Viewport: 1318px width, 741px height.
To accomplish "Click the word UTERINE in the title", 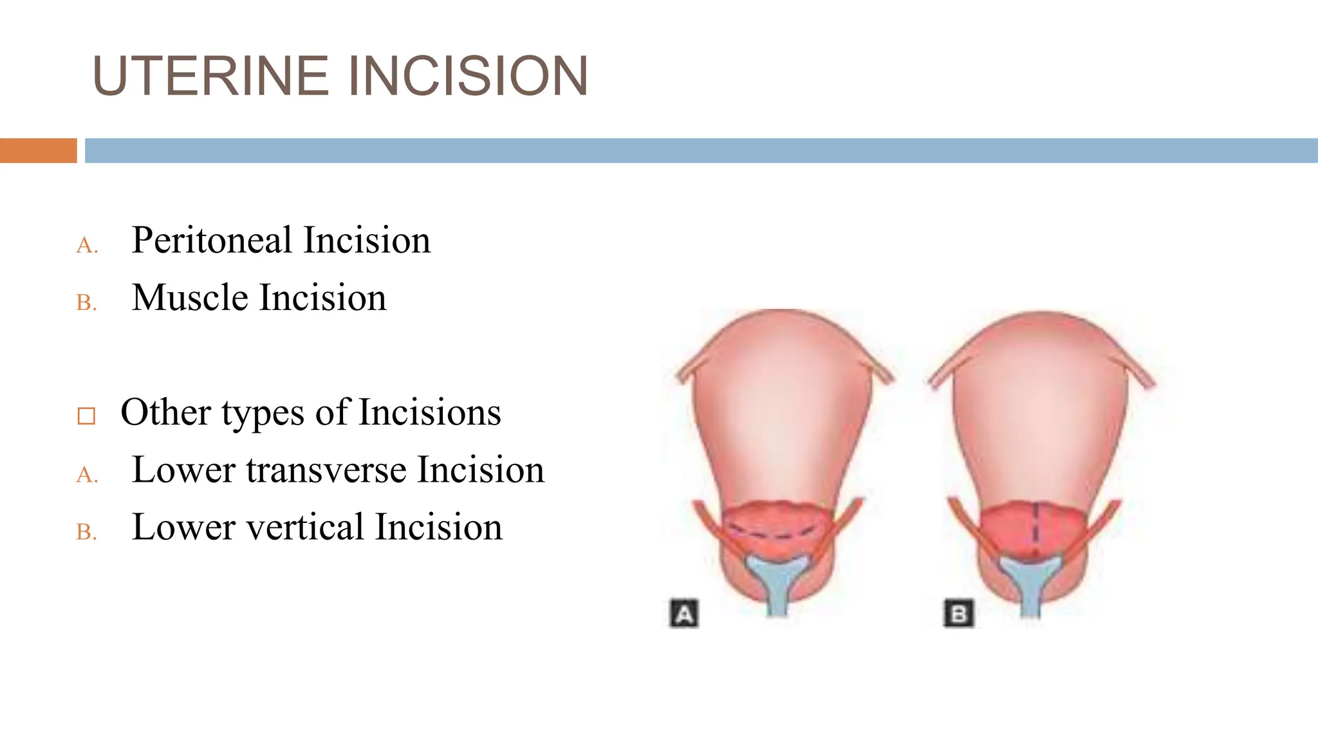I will (211, 76).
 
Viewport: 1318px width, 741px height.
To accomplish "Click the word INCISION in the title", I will (468, 76).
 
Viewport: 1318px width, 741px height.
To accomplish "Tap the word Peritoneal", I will (212, 241).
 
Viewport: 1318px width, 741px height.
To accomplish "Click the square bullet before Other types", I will (86, 416).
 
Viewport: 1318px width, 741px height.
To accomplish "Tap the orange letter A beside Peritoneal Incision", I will (86, 246).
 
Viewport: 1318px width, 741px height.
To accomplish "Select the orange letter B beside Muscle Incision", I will (86, 303).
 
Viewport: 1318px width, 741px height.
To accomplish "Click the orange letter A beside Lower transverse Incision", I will (86, 475).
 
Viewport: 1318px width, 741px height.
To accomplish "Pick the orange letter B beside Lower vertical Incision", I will (86, 533).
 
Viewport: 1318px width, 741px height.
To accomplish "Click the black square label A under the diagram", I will (684, 614).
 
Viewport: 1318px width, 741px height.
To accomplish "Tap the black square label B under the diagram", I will (958, 614).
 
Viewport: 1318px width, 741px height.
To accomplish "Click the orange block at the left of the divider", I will (38, 151).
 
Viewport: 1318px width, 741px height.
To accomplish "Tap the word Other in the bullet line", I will (165, 412).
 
